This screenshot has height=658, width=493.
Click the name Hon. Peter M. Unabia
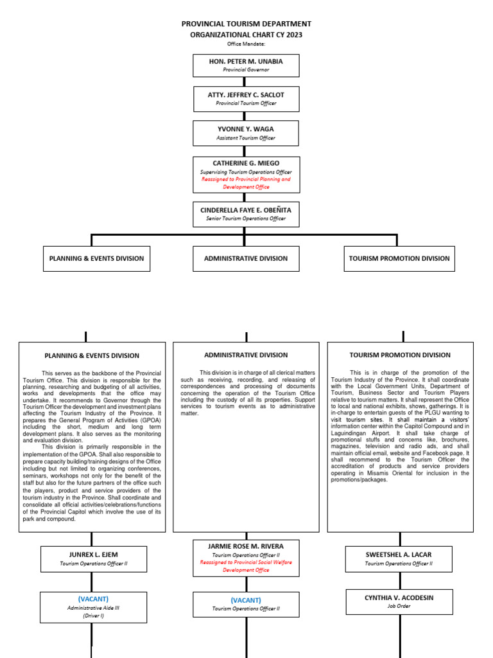(x=246, y=61)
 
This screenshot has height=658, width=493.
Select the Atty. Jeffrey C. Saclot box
(x=246, y=98)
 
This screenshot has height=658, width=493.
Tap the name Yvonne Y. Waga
(x=246, y=129)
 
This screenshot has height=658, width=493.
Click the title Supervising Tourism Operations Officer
(x=246, y=172)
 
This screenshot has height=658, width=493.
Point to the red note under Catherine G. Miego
(x=246, y=183)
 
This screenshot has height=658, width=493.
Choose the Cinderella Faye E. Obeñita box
(x=246, y=215)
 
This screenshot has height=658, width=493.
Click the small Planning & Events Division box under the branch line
(x=96, y=258)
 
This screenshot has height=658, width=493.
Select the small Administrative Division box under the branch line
(x=246, y=258)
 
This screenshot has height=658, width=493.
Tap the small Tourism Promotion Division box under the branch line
(x=399, y=258)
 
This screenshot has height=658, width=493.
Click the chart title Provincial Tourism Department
(x=246, y=24)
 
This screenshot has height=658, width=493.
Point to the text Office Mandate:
(x=246, y=44)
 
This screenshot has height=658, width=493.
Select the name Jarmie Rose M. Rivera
(x=246, y=546)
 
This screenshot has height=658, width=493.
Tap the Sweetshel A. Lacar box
(x=399, y=558)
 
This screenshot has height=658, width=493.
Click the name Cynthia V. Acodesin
(x=399, y=598)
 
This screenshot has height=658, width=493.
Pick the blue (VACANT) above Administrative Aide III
(x=94, y=598)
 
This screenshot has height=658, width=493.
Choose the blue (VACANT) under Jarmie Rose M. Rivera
(x=246, y=600)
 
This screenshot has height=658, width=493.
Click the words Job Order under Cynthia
(x=399, y=606)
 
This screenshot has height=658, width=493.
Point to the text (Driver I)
(x=94, y=615)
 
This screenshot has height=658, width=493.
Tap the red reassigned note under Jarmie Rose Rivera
(x=246, y=565)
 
